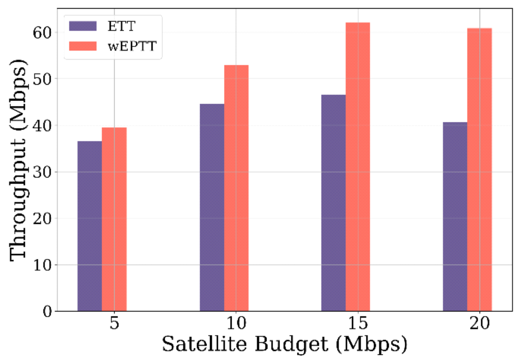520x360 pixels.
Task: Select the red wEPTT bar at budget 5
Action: (x=114, y=219)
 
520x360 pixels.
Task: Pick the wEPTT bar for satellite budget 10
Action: (x=236, y=188)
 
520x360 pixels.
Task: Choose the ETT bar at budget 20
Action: (x=455, y=217)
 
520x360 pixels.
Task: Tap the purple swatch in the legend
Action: (x=82, y=25)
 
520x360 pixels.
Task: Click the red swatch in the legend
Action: (x=82, y=45)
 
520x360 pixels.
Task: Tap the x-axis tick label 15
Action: (x=358, y=324)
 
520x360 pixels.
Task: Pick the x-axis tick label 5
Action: (x=114, y=324)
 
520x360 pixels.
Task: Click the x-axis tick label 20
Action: (x=479, y=324)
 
